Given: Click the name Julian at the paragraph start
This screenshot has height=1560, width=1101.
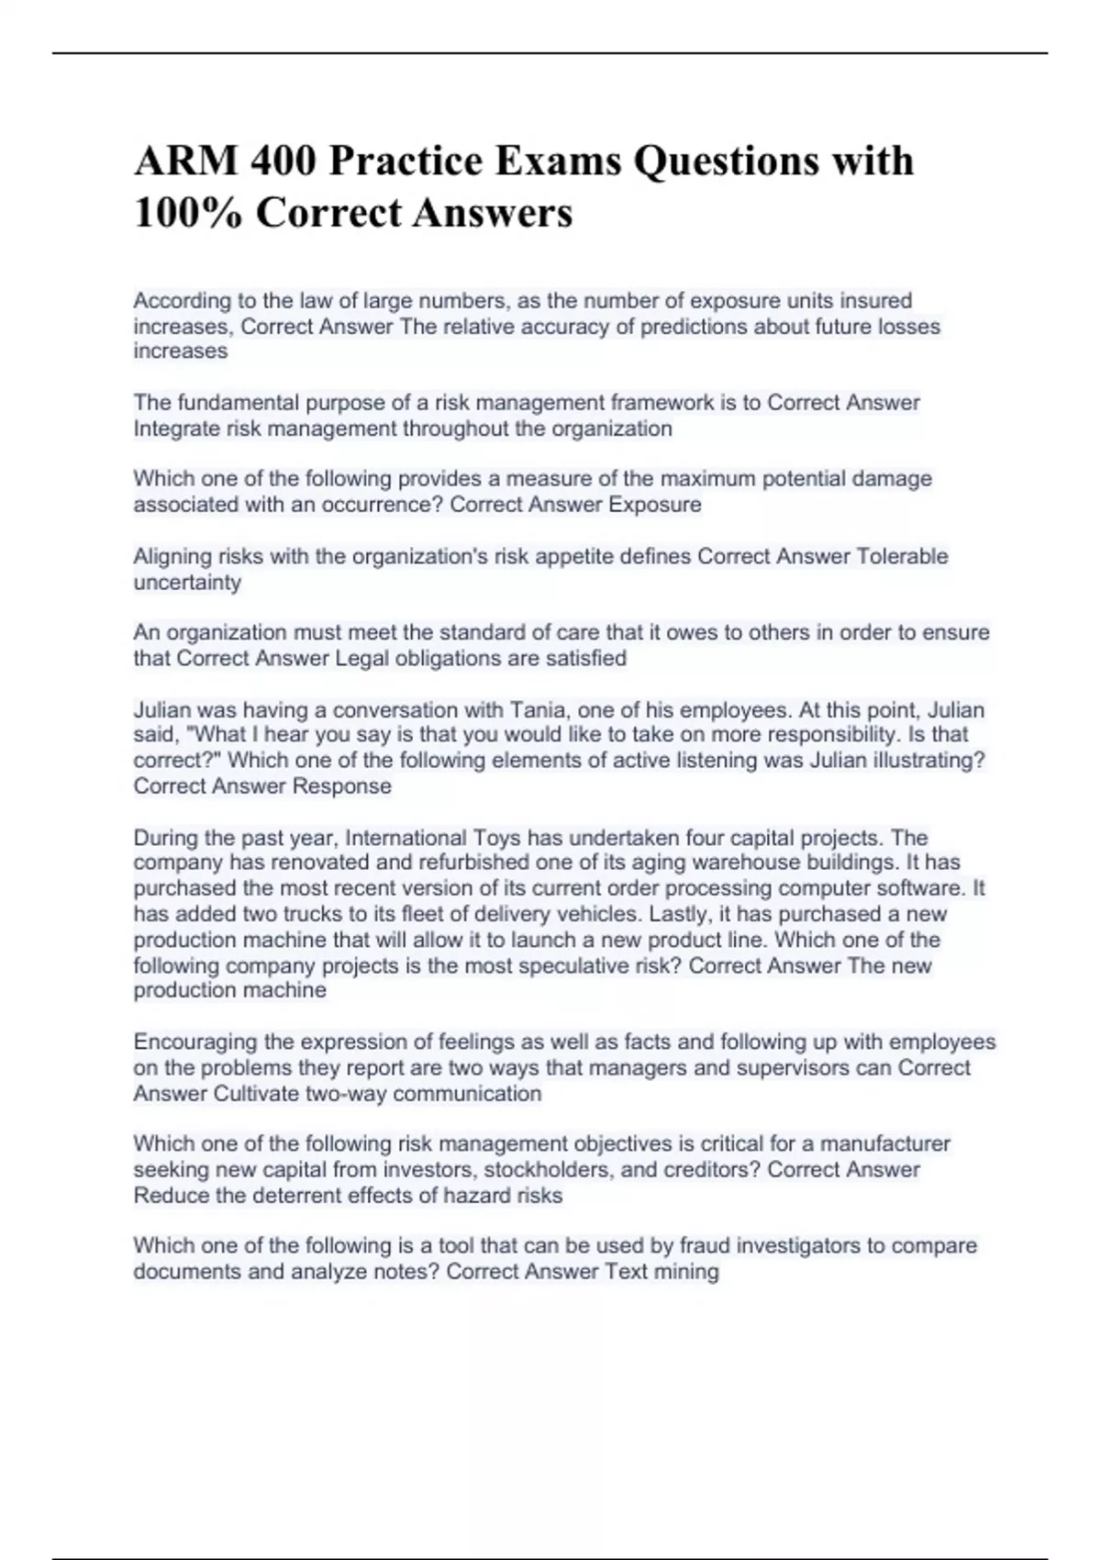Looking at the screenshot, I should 162,710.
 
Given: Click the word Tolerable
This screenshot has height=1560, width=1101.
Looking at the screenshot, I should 902,556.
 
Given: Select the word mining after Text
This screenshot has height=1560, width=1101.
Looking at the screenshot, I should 686,1272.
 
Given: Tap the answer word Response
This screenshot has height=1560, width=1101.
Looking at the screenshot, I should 341,786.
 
